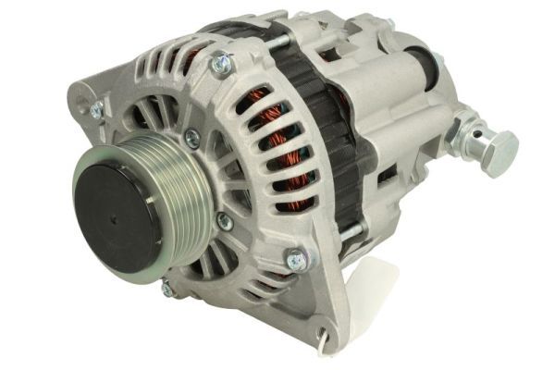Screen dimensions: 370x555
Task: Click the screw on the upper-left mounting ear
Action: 95,111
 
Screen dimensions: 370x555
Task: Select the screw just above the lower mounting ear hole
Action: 297,262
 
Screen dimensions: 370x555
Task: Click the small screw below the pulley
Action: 166,288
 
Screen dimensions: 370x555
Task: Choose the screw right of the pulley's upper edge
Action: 191,139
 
